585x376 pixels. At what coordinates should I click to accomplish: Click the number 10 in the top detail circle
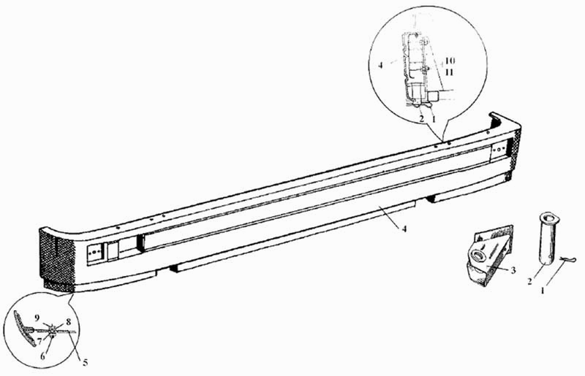tap(449, 59)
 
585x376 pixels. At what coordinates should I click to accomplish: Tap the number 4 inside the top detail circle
tap(382, 65)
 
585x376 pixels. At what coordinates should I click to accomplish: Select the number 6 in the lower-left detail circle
tap(43, 356)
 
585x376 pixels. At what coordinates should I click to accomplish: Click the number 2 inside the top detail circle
tap(421, 117)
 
